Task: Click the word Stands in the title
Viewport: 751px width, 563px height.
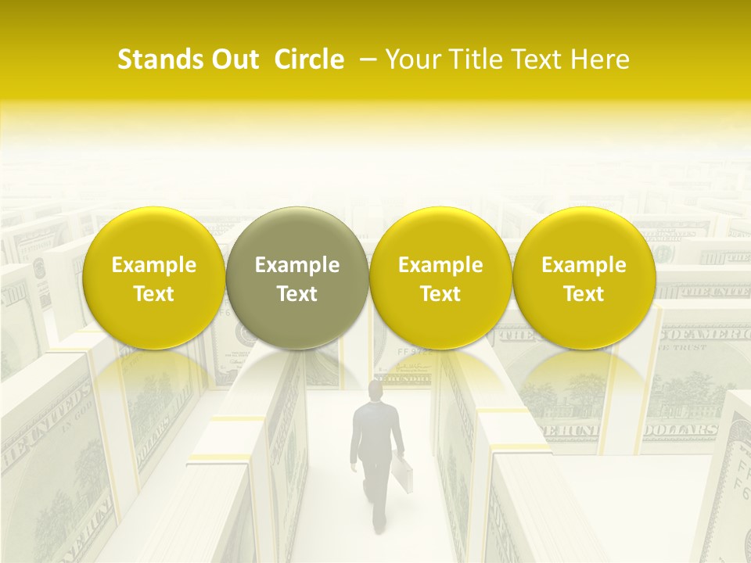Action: [x=159, y=59]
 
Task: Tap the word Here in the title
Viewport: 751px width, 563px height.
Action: [x=602, y=59]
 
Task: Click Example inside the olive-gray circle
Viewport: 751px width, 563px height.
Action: [x=297, y=265]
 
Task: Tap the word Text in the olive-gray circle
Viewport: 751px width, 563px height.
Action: [x=297, y=294]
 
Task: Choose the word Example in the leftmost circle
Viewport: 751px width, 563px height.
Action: [x=154, y=265]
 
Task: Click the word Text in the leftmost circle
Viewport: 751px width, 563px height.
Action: [x=154, y=294]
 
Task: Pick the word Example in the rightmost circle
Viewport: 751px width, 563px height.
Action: [x=584, y=265]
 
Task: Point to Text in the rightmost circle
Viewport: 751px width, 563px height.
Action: [x=584, y=294]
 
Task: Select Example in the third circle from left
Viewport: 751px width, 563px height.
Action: [x=440, y=265]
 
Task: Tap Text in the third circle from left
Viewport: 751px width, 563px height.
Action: [x=440, y=294]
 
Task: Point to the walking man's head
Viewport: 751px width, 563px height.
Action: [x=377, y=389]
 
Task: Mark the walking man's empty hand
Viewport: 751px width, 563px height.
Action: [x=354, y=468]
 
